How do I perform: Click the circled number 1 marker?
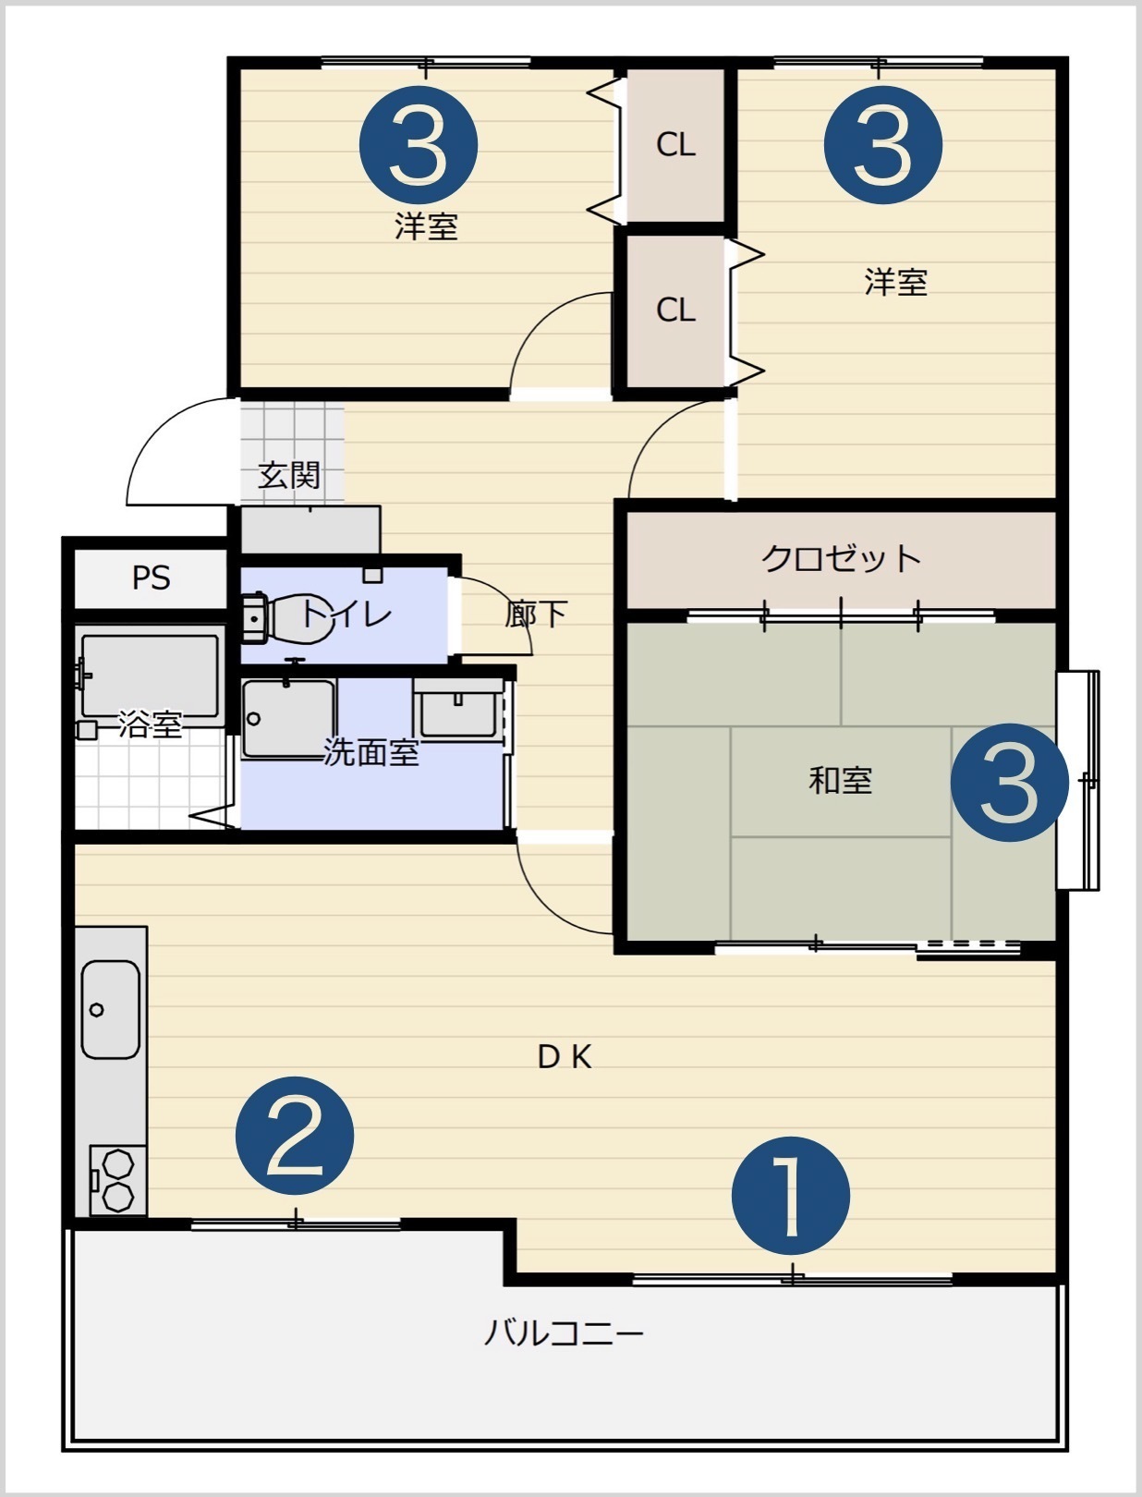(x=790, y=1196)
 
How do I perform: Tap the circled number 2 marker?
(x=295, y=1136)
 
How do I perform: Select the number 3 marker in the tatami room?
(x=1010, y=783)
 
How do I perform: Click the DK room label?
(x=565, y=1057)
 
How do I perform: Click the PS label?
(x=151, y=578)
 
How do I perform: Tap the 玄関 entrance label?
(x=289, y=475)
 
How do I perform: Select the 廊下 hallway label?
(x=536, y=614)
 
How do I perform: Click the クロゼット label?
(x=841, y=558)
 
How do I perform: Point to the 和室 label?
(x=840, y=780)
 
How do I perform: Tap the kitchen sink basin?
(x=111, y=1009)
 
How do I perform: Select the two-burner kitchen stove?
(x=118, y=1181)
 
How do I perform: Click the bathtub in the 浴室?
(x=150, y=675)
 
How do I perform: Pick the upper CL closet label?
(x=675, y=144)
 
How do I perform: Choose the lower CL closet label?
(x=675, y=310)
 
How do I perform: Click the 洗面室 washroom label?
(x=371, y=752)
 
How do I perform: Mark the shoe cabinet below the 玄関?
(x=310, y=529)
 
